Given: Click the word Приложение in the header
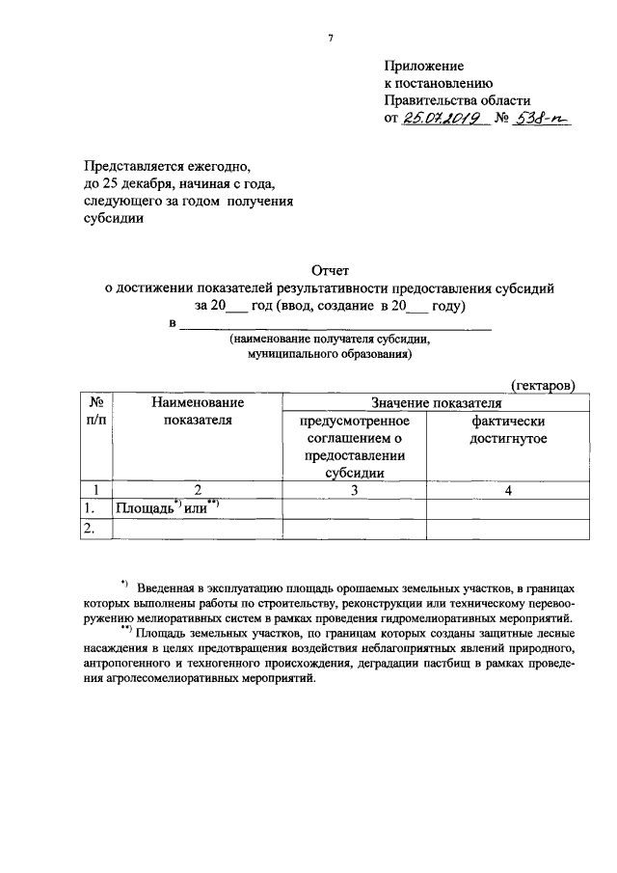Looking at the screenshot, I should pos(423,67).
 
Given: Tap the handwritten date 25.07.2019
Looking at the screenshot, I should pos(440,120).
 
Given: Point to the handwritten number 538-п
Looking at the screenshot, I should pos(543,120).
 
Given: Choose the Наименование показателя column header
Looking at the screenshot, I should pos(198,410).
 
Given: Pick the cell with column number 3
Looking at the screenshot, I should pos(354,490).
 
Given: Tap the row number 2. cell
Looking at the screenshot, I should pos(94,527).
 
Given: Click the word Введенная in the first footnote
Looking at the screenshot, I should pos(170,587).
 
